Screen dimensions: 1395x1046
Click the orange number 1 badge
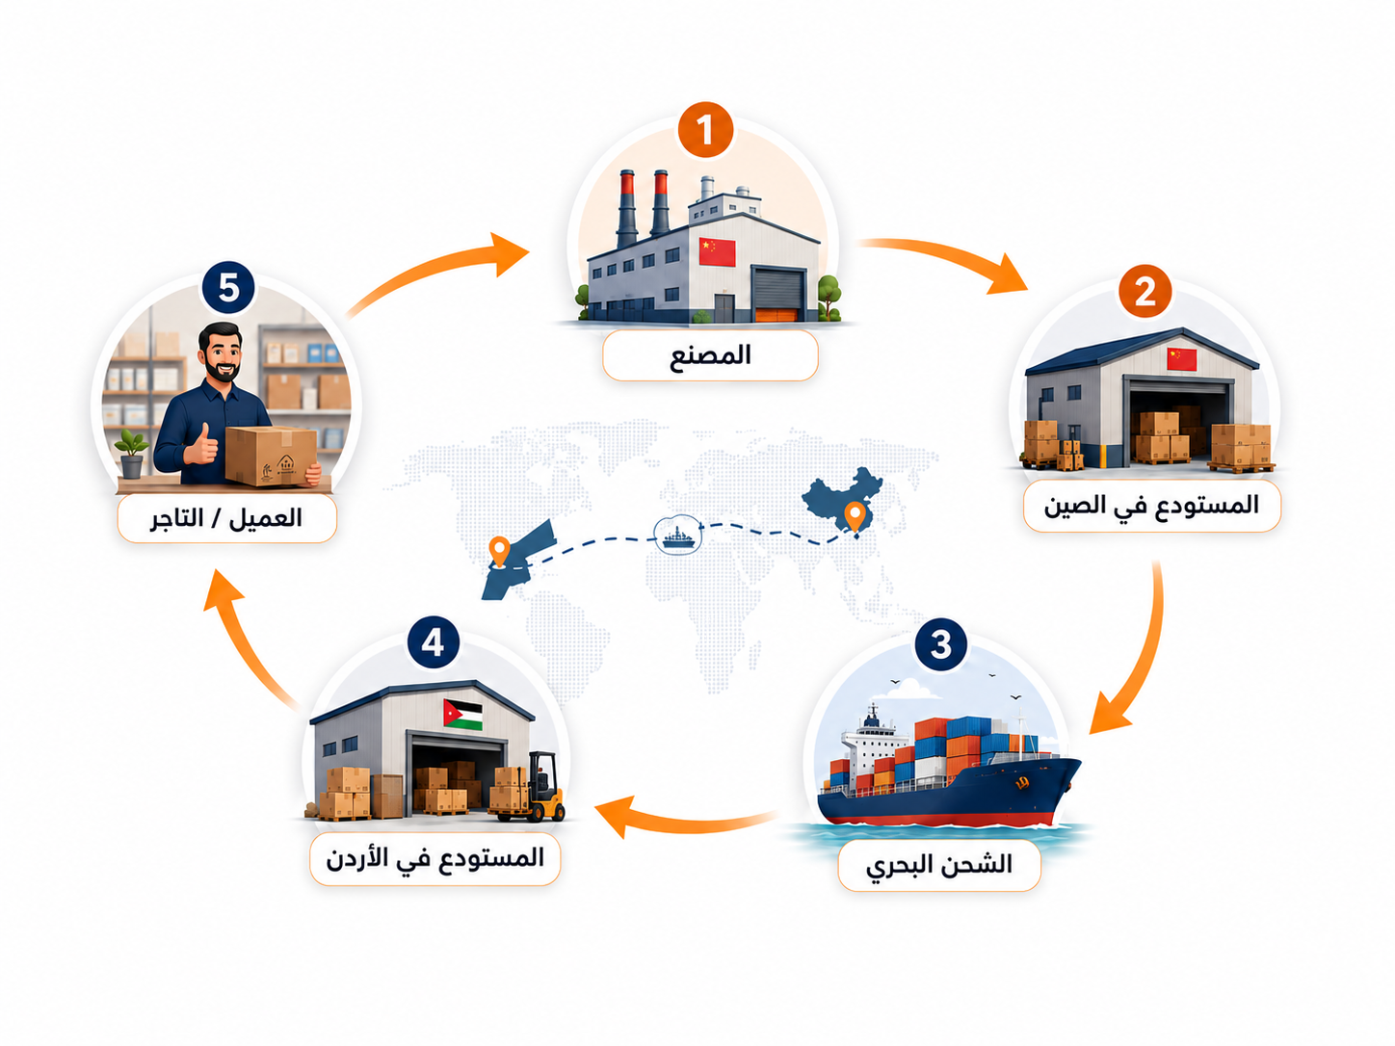[705, 130]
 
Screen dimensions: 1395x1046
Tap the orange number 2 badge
[1145, 292]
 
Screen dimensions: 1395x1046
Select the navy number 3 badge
[940, 644]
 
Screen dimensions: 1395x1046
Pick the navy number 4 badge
[433, 642]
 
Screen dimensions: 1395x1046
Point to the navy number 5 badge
[228, 288]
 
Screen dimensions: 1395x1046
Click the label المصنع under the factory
[710, 354]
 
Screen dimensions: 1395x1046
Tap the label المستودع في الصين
[1151, 506]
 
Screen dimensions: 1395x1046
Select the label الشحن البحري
[938, 865]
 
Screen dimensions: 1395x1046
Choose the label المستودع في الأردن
[434, 858]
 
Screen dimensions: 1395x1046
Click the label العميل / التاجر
[226, 518]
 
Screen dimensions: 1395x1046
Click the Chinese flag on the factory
[717, 252]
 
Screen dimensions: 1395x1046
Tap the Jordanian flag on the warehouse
[462, 714]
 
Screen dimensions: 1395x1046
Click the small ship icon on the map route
[679, 535]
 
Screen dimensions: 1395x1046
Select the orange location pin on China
[855, 517]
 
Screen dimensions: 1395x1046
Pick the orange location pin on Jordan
[500, 552]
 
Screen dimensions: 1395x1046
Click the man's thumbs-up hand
[201, 445]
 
